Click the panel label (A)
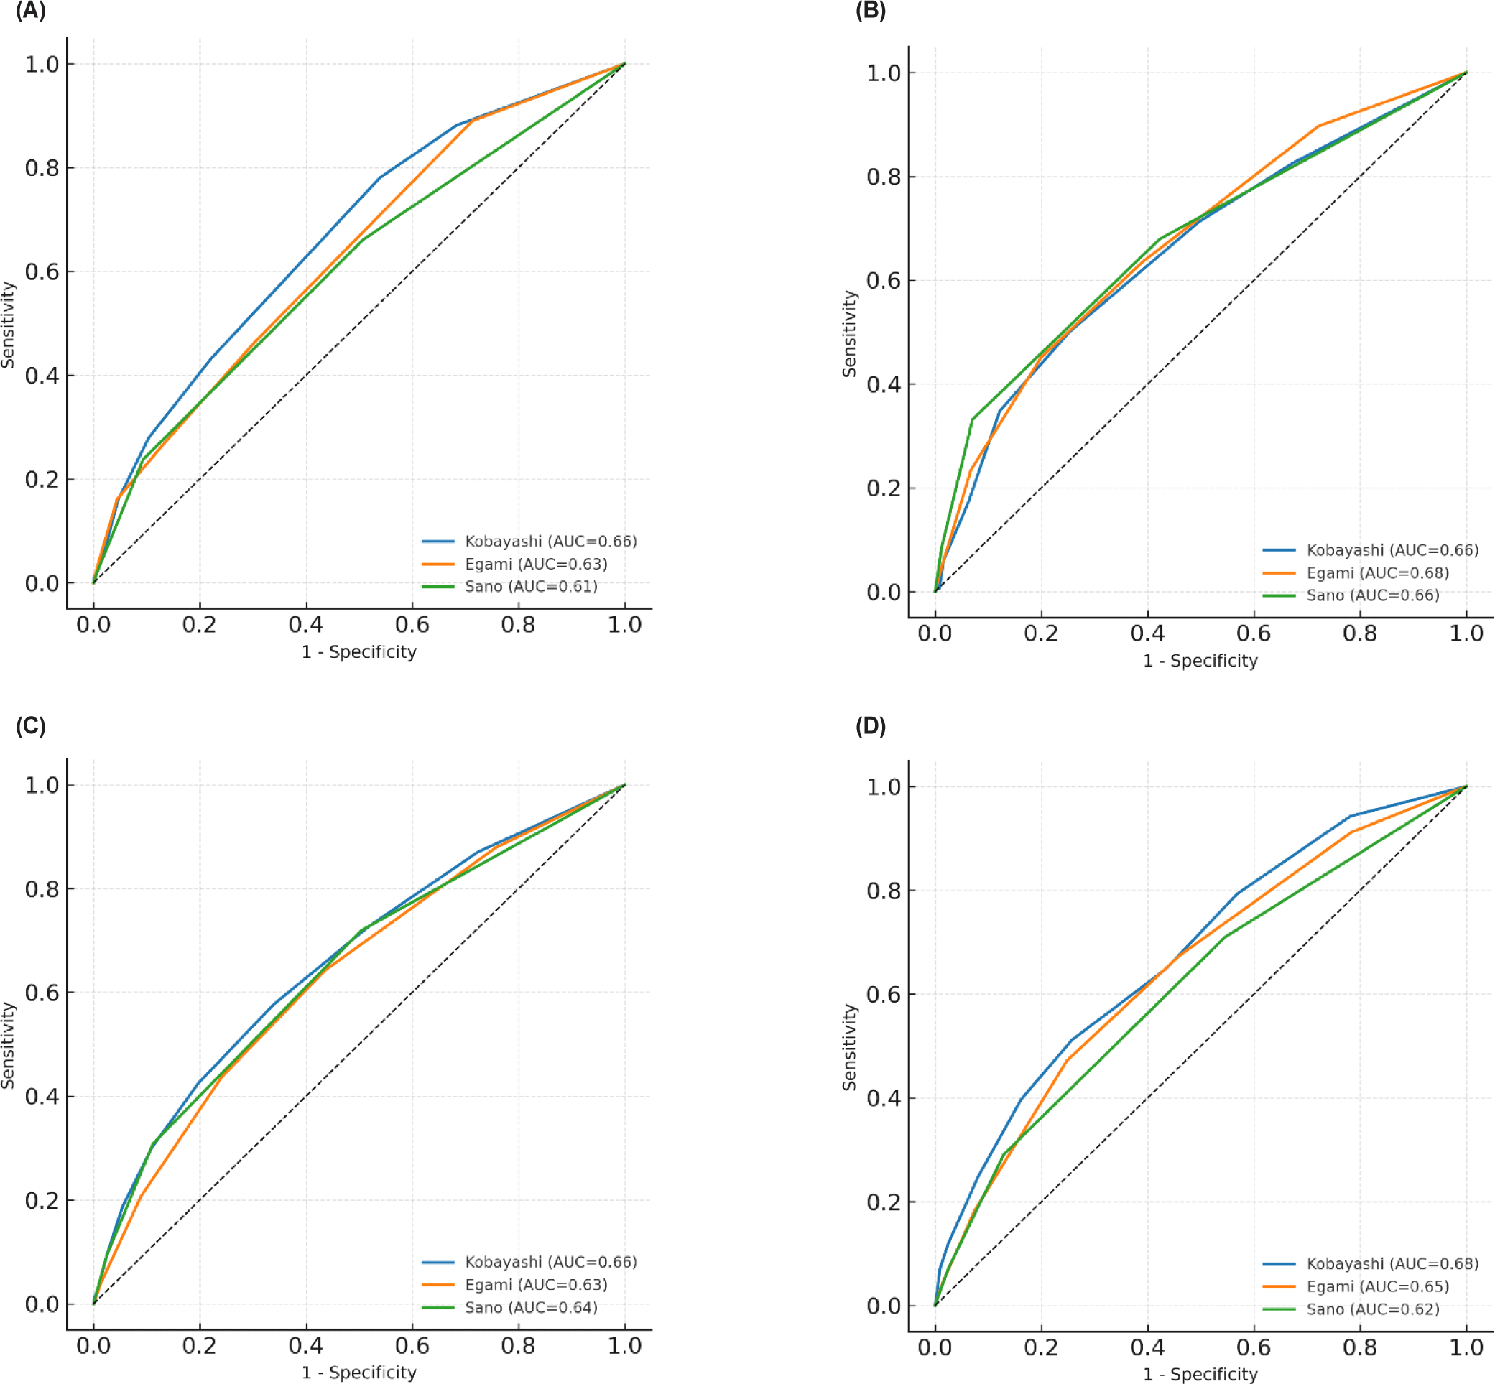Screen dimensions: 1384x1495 pyautogui.click(x=31, y=11)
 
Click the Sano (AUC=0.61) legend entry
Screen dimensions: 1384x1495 pyautogui.click(x=531, y=586)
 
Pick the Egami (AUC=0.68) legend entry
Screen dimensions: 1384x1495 pyautogui.click(x=1377, y=573)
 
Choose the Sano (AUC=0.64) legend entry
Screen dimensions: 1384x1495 pyautogui.click(x=531, y=1308)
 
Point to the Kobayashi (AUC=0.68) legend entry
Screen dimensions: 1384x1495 pyautogui.click(x=1392, y=1264)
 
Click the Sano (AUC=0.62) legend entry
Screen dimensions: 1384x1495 pyautogui.click(x=1373, y=1309)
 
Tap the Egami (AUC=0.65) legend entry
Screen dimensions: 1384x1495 pyautogui.click(x=1377, y=1286)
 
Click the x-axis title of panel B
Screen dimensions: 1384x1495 pyautogui.click(x=1200, y=661)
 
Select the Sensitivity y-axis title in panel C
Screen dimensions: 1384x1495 pyautogui.click(x=8, y=1046)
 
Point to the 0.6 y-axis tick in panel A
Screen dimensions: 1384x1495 pyautogui.click(x=42, y=272)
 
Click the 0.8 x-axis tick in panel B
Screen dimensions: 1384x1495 pyautogui.click(x=1359, y=633)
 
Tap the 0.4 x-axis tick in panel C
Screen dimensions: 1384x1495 pyautogui.click(x=305, y=1346)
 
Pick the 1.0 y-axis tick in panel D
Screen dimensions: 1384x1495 pyautogui.click(x=883, y=787)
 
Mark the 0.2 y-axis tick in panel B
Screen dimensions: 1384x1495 pyautogui.click(x=883, y=488)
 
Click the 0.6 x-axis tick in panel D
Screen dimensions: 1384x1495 pyautogui.click(x=1253, y=1347)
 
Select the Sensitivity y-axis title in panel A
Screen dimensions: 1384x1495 pyautogui.click(x=8, y=325)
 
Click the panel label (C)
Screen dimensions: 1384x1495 pyautogui.click(x=31, y=725)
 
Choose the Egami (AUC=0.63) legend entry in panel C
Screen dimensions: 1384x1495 pyautogui.click(x=535, y=1285)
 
